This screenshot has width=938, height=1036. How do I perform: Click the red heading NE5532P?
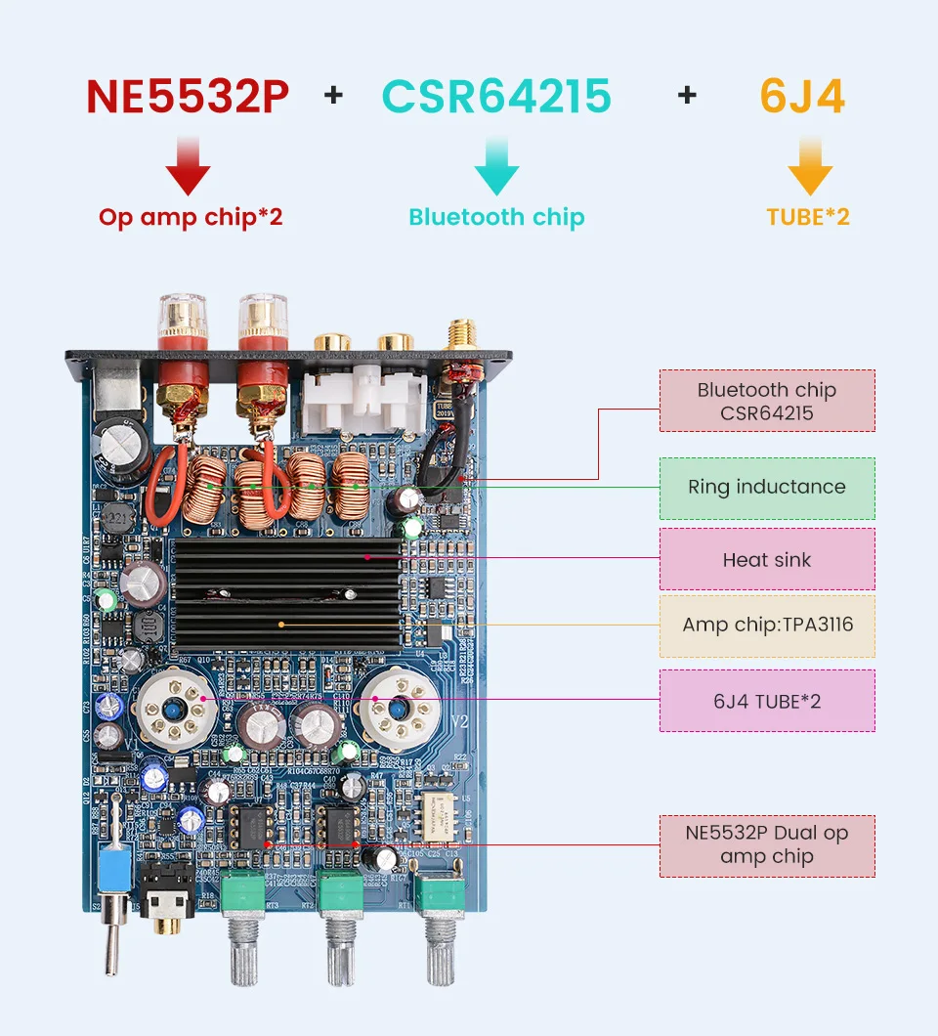(x=187, y=96)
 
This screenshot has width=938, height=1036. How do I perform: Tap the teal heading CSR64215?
(x=496, y=96)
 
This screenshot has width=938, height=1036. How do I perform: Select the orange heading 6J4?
(x=802, y=96)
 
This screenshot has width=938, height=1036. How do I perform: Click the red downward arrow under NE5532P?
(x=188, y=166)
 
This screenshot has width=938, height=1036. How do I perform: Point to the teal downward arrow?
(x=496, y=166)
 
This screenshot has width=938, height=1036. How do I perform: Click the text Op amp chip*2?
(x=191, y=216)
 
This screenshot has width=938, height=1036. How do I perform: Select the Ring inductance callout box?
(x=767, y=487)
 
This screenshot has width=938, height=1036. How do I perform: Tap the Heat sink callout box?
(x=767, y=560)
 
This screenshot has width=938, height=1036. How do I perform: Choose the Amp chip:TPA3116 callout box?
(x=767, y=626)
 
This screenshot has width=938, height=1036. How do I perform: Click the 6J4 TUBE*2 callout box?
(x=767, y=701)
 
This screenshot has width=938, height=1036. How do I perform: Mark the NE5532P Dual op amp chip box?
(x=767, y=845)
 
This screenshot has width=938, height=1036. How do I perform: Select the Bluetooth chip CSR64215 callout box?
(x=767, y=401)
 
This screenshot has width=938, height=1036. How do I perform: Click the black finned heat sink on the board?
(x=286, y=597)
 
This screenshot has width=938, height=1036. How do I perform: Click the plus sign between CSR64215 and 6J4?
(x=687, y=95)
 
